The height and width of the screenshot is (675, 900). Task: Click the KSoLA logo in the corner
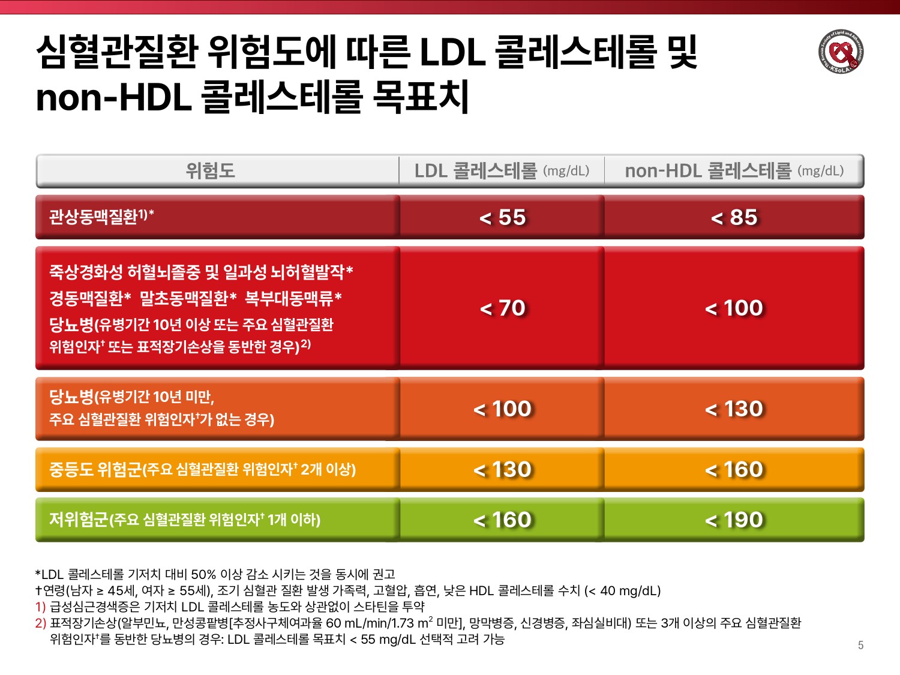coord(841,52)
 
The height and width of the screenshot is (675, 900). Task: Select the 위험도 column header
coord(210,171)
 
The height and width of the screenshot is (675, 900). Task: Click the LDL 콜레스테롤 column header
coord(502,171)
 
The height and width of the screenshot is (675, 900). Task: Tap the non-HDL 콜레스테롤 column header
coord(734,171)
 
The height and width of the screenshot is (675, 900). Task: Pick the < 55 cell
coord(502,217)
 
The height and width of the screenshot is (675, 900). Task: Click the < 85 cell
coord(734,217)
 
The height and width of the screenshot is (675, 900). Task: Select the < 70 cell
coord(502,308)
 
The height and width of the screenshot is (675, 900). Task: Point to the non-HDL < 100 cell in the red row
coord(734,308)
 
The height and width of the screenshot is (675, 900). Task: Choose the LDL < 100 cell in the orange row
coord(502,409)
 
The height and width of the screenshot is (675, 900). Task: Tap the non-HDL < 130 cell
coord(734,409)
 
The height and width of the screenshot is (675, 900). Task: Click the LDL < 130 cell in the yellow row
coord(502,469)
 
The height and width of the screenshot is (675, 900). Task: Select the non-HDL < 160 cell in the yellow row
coord(734,469)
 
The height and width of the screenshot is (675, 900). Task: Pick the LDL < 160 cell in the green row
coord(502,520)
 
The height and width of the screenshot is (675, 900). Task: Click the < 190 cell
coord(734,520)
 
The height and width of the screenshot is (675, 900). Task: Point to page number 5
coord(860,646)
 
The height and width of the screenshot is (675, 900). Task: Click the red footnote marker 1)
coord(40,607)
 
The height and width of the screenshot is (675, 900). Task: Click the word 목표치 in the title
coord(420,97)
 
